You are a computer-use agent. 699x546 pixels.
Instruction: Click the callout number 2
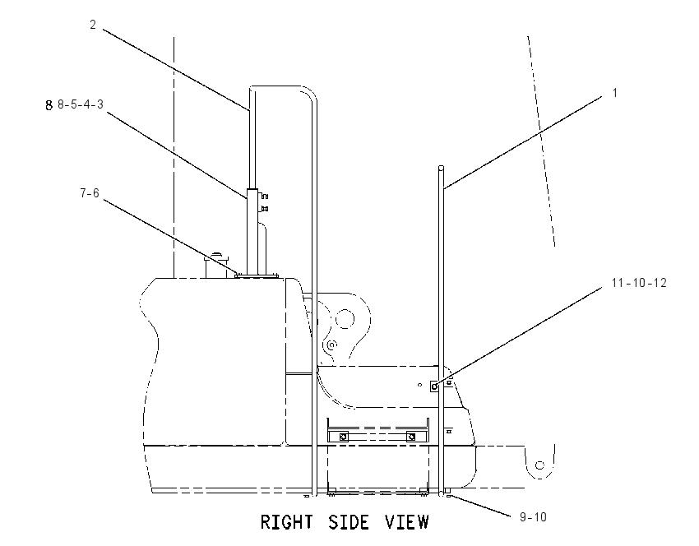click(x=93, y=25)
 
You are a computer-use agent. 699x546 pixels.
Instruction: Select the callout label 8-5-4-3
click(x=81, y=104)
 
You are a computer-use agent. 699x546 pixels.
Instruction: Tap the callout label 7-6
click(x=90, y=193)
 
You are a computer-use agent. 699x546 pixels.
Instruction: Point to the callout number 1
click(x=615, y=93)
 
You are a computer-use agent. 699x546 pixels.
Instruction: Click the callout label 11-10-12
click(x=639, y=283)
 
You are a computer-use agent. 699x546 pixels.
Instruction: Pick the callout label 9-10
click(x=533, y=517)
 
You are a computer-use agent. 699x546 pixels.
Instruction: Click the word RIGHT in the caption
click(x=287, y=522)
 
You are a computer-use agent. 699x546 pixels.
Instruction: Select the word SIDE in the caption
click(x=349, y=522)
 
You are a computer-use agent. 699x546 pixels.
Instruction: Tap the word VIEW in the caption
click(x=406, y=522)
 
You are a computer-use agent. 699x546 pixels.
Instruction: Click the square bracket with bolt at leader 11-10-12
click(x=434, y=386)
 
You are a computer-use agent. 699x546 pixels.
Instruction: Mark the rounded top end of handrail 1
click(x=442, y=168)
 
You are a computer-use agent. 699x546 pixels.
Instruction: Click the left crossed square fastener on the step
click(x=343, y=437)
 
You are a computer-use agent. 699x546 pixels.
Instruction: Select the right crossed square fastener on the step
click(x=411, y=437)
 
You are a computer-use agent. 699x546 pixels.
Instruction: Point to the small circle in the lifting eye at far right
click(x=539, y=465)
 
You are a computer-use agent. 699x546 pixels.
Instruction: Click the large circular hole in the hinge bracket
click(x=345, y=319)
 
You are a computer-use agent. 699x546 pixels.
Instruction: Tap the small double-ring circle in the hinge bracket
click(x=331, y=344)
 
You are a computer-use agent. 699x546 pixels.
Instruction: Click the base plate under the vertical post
click(x=257, y=276)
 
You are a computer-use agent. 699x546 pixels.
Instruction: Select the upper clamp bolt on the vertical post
click(x=264, y=196)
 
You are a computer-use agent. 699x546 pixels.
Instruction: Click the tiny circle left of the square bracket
click(x=419, y=385)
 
